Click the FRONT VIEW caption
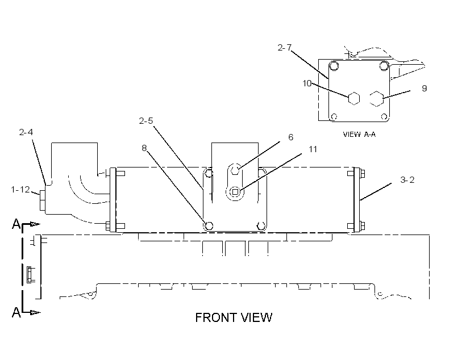tap(234, 317)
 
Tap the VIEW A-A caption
tap(359, 134)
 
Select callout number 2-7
tap(284, 48)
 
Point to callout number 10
tap(307, 83)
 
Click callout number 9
tap(425, 88)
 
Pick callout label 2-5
tap(146, 120)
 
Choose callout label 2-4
tap(26, 132)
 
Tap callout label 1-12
tap(20, 189)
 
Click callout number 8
tap(144, 148)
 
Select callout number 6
tap(290, 137)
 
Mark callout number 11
tap(313, 149)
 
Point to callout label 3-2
tap(407, 179)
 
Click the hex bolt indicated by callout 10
tap(353, 99)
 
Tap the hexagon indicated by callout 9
tap(377, 99)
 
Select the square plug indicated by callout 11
tap(235, 192)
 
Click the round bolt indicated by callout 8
tap(209, 226)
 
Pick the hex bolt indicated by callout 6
tap(235, 170)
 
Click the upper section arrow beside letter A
tap(31, 224)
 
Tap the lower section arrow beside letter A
tap(31, 312)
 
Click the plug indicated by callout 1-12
tap(43, 200)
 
